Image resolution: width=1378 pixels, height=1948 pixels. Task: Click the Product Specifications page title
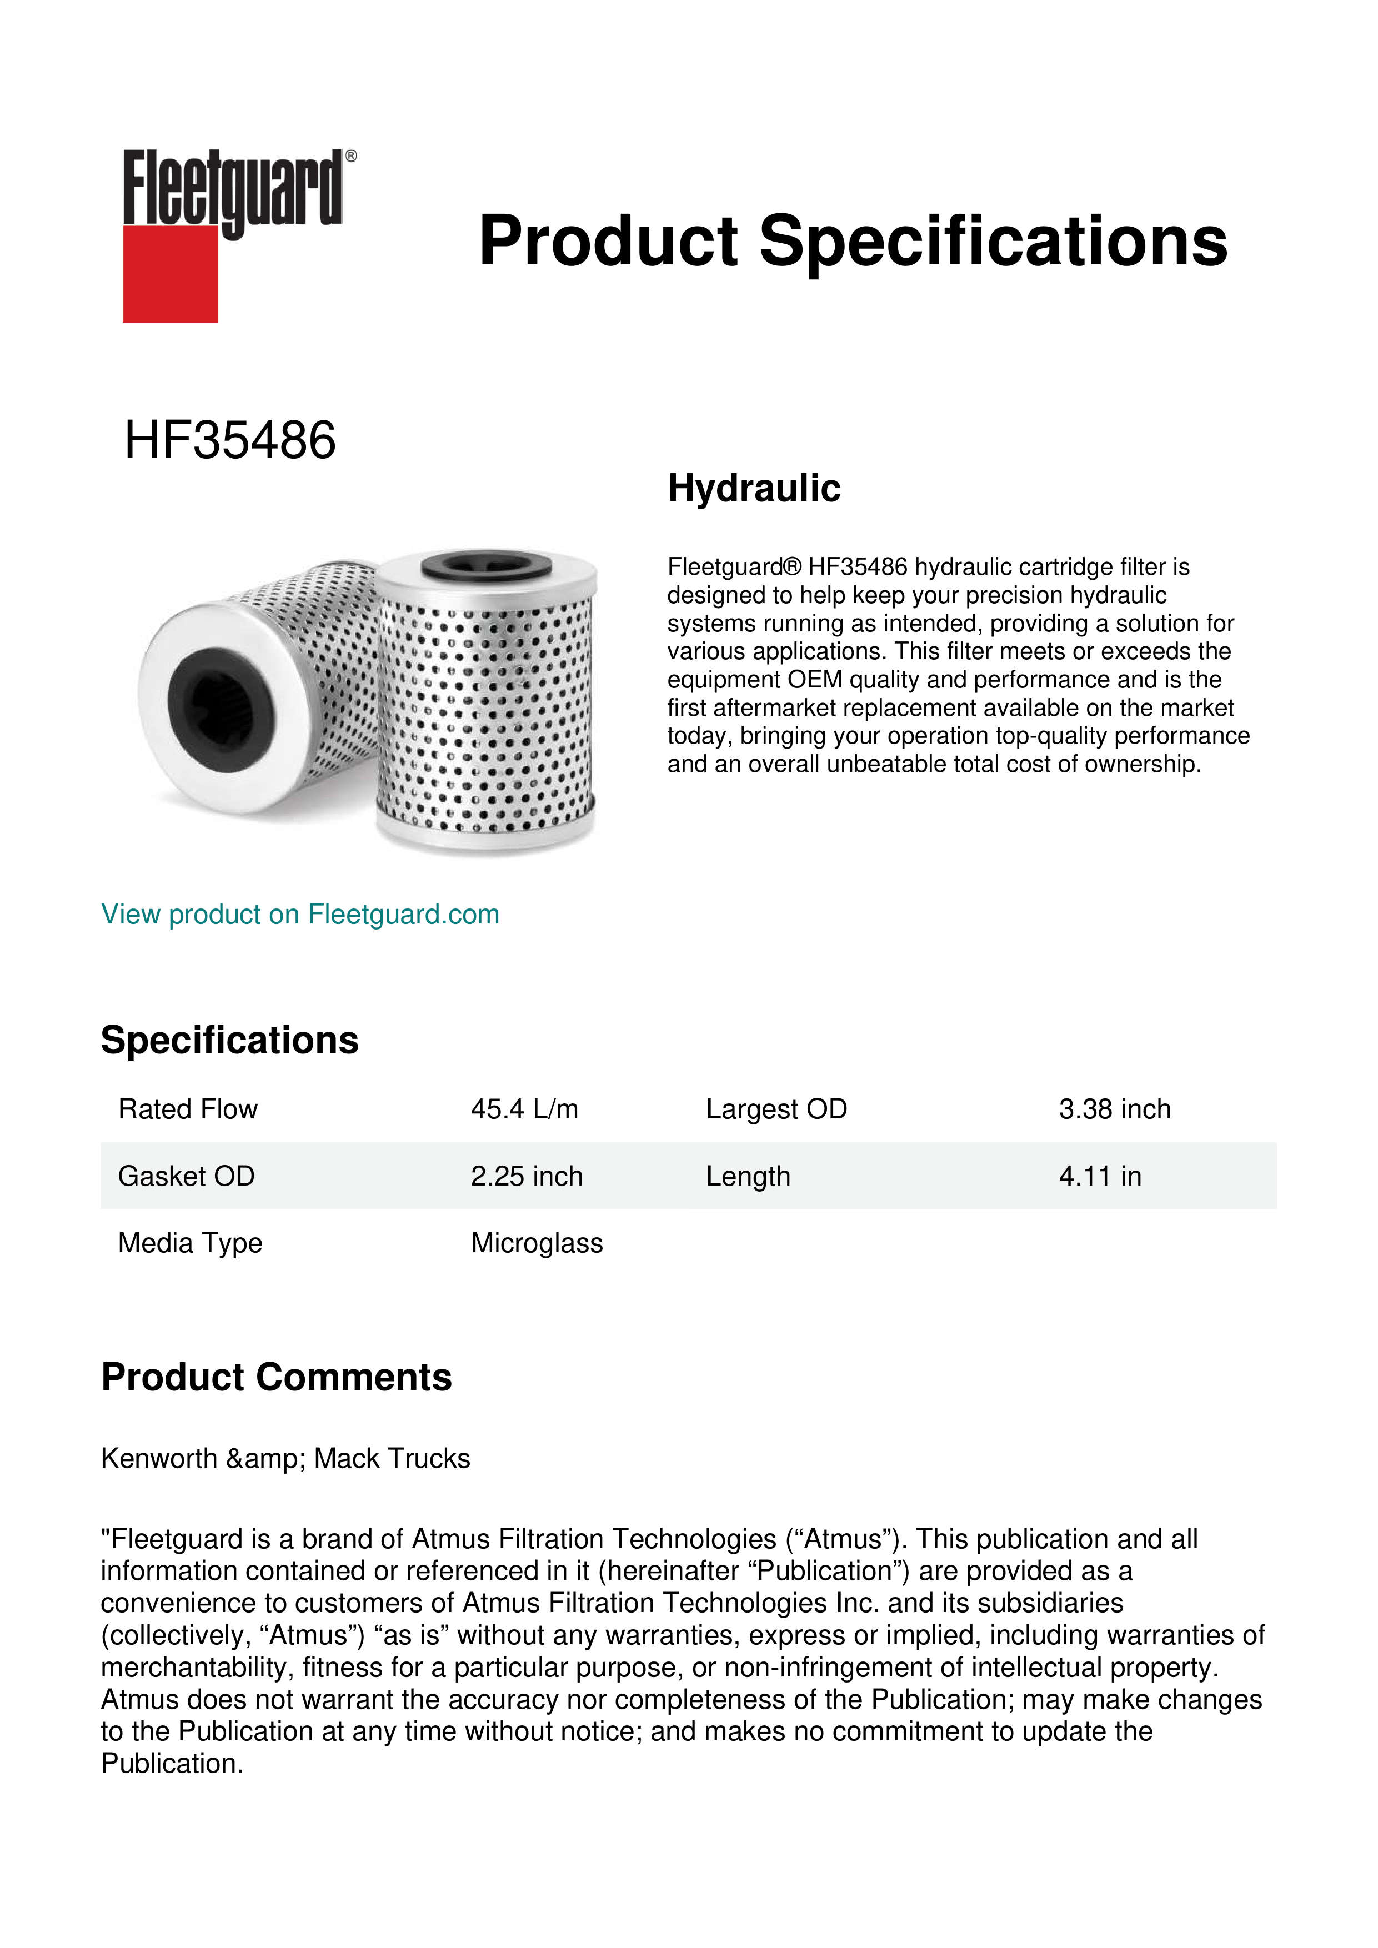(853, 241)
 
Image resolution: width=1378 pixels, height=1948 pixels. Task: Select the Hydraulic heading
(754, 489)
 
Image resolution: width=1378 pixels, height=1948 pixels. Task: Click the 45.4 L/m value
(524, 1109)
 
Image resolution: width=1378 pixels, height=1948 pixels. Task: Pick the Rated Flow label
(188, 1109)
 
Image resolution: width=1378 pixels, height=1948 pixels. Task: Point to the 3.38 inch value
(1114, 1109)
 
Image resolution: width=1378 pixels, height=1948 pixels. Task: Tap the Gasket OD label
(186, 1176)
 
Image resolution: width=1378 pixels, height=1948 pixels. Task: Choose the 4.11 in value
(1100, 1176)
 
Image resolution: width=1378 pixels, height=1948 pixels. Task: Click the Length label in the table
(748, 1176)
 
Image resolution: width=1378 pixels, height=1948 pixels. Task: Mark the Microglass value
(537, 1243)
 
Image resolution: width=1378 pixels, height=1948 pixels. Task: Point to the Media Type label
(190, 1243)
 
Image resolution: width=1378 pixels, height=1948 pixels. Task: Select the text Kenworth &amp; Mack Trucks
(285, 1458)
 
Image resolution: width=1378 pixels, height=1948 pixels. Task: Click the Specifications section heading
(229, 1040)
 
